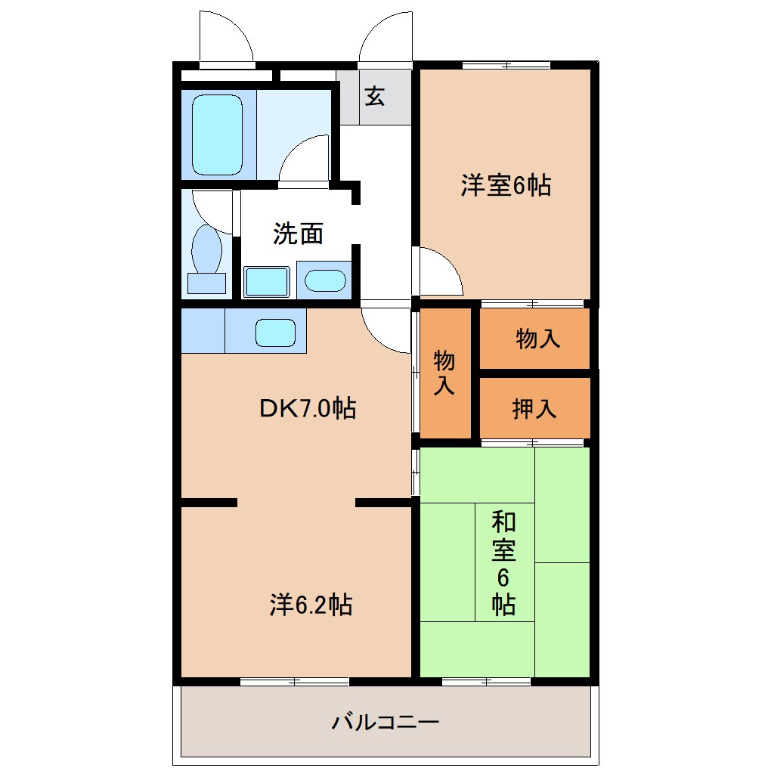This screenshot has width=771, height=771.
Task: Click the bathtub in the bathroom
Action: pyautogui.click(x=217, y=135)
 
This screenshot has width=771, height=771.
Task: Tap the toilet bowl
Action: pyautogui.click(x=206, y=249)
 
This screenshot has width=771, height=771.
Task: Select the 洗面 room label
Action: pyautogui.click(x=298, y=234)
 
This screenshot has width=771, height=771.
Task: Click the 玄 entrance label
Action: pyautogui.click(x=375, y=97)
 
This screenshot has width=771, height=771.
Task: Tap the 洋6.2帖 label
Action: pyautogui.click(x=311, y=605)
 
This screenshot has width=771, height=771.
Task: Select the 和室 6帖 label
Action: pyautogui.click(x=503, y=562)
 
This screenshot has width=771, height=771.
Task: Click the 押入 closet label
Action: pyautogui.click(x=534, y=409)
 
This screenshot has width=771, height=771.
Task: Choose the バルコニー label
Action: pyautogui.click(x=385, y=723)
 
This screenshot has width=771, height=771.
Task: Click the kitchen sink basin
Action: pyautogui.click(x=275, y=333)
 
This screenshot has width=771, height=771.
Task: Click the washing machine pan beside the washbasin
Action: pyautogui.click(x=267, y=282)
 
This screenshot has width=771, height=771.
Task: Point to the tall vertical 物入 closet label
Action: pyautogui.click(x=444, y=373)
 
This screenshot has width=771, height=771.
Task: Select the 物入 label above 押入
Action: pyautogui.click(x=537, y=339)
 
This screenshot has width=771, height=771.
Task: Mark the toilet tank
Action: pyautogui.click(x=206, y=283)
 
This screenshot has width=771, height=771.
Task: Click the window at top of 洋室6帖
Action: pyautogui.click(x=506, y=64)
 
